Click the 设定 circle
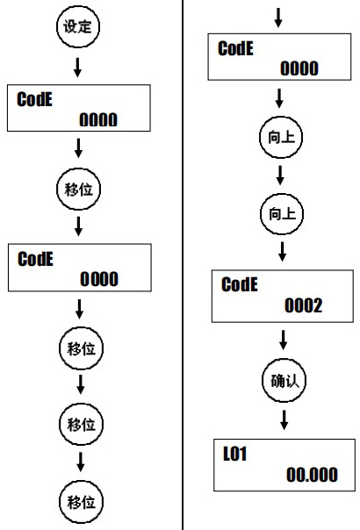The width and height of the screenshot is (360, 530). tap(79, 26)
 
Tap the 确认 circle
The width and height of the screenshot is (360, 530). tap(283, 380)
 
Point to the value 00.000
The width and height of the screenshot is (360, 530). tap(311, 475)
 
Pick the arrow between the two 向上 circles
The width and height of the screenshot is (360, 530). tap(283, 173)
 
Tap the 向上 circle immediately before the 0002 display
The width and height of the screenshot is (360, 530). tap(283, 211)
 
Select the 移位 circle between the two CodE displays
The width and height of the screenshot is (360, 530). tap(79, 188)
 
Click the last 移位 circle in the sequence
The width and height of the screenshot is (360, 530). tap(79, 502)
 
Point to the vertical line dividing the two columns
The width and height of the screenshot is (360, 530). tap(183, 263)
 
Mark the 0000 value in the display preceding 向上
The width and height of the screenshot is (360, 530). tap(299, 68)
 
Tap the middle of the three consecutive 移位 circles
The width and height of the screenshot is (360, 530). tap(79, 425)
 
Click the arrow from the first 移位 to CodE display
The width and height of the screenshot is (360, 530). tap(79, 226)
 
